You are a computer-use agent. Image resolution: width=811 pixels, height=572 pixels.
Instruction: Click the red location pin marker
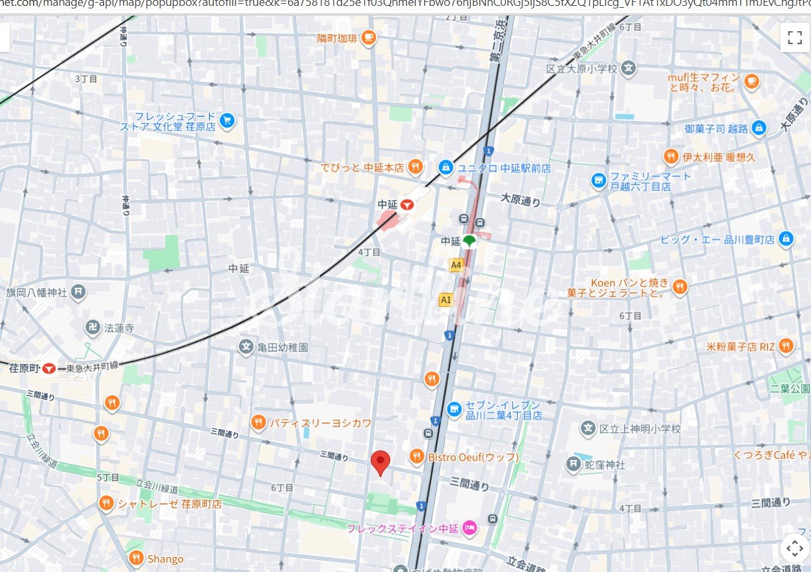380,462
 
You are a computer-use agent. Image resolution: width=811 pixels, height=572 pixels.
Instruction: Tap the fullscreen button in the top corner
794,37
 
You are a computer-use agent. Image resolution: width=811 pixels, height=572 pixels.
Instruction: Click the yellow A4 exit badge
456,265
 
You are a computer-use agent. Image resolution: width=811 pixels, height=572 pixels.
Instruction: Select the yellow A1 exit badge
445,300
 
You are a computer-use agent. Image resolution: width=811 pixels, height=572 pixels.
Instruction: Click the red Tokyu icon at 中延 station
407,205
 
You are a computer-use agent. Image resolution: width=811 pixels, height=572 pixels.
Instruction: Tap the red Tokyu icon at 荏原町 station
49,369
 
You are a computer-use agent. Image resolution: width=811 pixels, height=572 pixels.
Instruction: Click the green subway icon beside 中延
470,241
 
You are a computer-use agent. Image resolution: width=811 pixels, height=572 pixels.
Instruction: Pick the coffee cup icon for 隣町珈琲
369,38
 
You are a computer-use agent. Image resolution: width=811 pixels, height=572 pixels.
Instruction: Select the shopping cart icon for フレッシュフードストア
226,121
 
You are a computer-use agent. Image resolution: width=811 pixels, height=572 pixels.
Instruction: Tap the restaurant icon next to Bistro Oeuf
417,457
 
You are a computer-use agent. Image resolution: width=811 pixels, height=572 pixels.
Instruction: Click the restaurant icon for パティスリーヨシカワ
258,423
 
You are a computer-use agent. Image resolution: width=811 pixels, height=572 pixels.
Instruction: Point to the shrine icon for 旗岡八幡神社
79,292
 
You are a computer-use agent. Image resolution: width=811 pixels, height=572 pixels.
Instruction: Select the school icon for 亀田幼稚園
246,347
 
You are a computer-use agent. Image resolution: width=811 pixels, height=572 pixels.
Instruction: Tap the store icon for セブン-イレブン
454,409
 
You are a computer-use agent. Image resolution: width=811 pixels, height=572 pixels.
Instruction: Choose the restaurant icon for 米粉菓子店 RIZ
786,346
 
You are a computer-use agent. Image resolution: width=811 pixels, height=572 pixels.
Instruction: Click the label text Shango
165,559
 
